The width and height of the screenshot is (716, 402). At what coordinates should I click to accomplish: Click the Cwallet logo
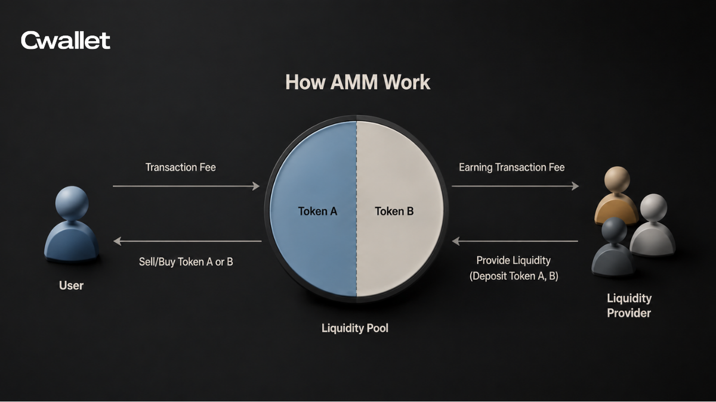(66, 40)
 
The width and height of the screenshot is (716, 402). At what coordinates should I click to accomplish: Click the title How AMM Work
(357, 82)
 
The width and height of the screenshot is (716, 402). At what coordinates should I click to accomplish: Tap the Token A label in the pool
(317, 211)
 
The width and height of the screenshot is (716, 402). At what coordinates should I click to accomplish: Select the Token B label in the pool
(394, 211)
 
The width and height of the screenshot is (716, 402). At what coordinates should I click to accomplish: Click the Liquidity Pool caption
(355, 328)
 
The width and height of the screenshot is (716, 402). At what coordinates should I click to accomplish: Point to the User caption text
(71, 285)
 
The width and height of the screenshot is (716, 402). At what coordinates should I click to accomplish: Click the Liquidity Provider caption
(629, 306)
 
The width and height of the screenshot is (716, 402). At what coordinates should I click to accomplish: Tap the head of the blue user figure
(72, 203)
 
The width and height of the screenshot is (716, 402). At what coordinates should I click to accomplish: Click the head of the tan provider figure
(617, 179)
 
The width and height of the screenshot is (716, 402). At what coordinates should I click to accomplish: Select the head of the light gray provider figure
(654, 207)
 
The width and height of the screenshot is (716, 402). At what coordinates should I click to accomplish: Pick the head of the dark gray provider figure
(614, 230)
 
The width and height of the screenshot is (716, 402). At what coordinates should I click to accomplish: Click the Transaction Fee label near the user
(181, 167)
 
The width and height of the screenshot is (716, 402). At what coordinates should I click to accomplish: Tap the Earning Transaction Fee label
(512, 167)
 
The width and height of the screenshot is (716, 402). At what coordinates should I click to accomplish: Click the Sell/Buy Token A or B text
(186, 261)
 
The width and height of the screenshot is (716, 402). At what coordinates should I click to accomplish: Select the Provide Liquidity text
(513, 260)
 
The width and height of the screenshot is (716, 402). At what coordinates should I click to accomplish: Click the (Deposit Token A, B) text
(514, 276)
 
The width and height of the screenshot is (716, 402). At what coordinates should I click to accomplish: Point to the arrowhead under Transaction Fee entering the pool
(256, 186)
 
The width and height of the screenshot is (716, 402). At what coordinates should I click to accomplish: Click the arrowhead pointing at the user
(118, 241)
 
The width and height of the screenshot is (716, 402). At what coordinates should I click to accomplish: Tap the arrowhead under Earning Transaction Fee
(575, 186)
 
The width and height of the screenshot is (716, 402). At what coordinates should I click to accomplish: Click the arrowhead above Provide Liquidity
(456, 241)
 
